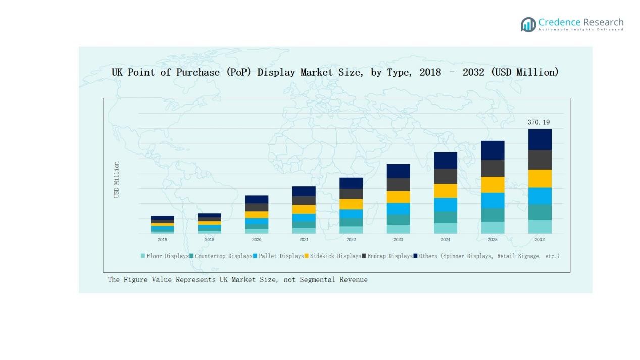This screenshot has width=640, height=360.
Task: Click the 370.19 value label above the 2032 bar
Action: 538,122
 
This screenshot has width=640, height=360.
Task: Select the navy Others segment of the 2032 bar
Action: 539,139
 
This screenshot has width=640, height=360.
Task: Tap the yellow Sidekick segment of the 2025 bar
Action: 493,184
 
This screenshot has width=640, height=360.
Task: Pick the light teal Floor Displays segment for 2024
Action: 445,228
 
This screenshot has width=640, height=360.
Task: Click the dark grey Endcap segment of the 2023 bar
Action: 398,184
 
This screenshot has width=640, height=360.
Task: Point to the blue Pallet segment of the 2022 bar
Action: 351,214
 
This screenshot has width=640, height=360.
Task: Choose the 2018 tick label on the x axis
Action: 162,240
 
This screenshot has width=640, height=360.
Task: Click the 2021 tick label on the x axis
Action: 304,240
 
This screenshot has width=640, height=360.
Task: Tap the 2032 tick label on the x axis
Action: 539,240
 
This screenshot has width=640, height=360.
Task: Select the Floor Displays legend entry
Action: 167,256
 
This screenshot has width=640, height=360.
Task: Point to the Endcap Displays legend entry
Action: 389,256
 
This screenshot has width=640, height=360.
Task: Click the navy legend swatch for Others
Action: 415,256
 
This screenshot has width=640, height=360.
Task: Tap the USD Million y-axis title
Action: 117,179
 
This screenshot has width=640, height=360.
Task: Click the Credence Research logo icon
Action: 528,24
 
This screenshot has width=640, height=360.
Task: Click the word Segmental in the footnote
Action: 317,280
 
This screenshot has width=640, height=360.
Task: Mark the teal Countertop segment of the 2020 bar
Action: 257,227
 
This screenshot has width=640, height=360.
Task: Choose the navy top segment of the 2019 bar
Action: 209,215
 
